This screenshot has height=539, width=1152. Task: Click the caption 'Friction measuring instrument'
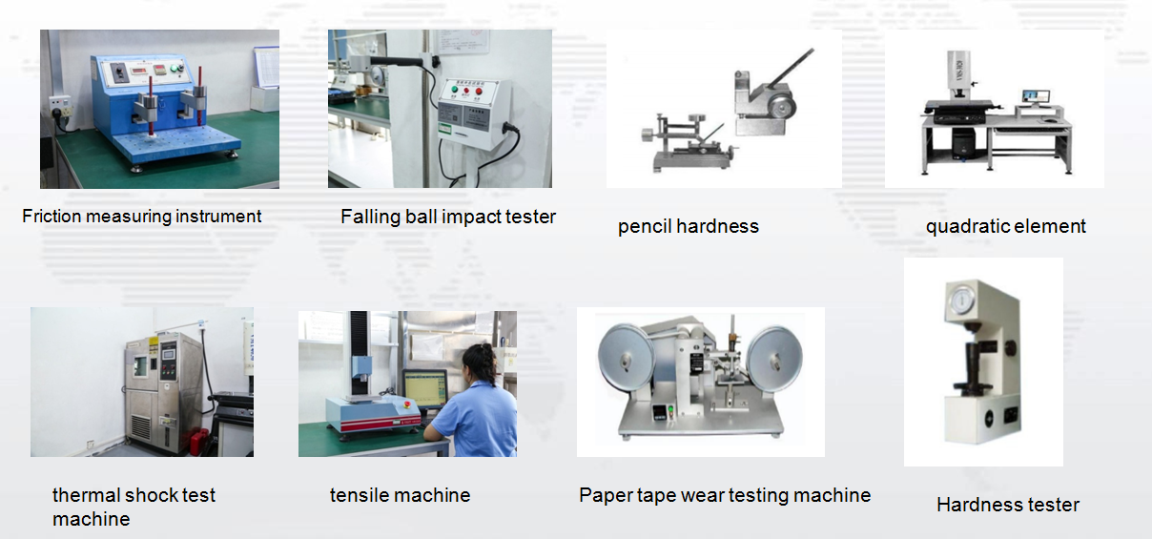(141, 217)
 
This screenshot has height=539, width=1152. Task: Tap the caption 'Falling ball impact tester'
(448, 218)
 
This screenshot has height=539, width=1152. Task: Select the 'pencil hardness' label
(689, 227)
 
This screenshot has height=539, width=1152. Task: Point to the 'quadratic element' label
(1005, 227)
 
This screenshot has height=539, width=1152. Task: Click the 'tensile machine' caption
(401, 495)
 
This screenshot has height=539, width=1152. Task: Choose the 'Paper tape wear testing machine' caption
(725, 495)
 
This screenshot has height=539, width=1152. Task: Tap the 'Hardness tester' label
(1007, 505)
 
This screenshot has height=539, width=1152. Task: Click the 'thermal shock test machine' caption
(134, 508)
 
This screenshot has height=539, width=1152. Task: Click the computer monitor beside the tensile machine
(425, 387)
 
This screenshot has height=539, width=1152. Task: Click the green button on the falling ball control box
(454, 89)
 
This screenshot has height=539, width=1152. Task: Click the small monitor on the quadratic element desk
(1036, 97)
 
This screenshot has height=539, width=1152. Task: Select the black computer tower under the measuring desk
(963, 142)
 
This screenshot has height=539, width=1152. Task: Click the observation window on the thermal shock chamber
(140, 365)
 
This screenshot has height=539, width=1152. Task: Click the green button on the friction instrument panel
(174, 68)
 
